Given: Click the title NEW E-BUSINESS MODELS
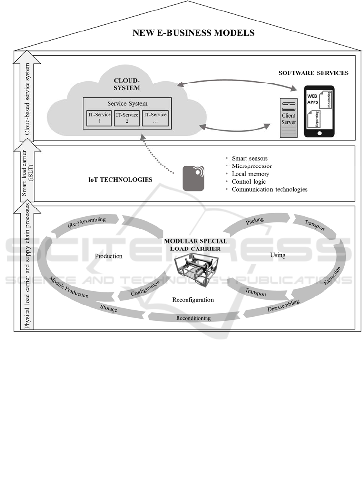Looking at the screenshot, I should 193,33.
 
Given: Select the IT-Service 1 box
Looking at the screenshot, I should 99,118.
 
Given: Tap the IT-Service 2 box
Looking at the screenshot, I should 127,118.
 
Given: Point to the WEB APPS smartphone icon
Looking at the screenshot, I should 319,111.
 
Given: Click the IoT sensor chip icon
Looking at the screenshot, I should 193,178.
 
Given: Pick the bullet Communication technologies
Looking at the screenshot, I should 269,189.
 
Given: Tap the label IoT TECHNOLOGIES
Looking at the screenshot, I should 120,180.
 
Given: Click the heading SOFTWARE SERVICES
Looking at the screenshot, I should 313,73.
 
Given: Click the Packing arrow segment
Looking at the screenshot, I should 254,222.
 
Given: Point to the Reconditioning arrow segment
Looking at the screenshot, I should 193,318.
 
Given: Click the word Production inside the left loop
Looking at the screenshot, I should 108,256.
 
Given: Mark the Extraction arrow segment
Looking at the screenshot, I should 332,276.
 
